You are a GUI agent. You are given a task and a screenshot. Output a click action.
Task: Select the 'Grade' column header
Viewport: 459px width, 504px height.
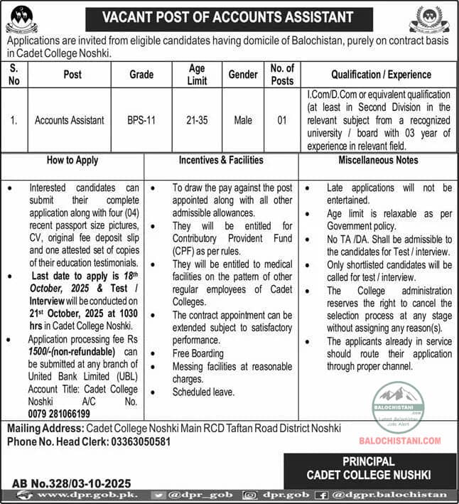[142, 74]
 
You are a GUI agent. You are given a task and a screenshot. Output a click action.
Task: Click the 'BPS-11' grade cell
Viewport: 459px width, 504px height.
[142, 120]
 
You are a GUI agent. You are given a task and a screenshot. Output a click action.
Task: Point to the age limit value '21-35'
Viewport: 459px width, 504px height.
[197, 120]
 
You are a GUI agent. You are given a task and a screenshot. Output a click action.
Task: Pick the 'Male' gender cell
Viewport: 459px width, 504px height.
[243, 120]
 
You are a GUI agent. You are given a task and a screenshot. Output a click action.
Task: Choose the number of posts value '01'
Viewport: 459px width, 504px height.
[282, 120]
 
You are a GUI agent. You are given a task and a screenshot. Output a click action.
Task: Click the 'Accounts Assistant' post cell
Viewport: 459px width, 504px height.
[70, 120]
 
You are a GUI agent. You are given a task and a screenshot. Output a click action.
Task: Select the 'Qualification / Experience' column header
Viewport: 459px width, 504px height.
[380, 74]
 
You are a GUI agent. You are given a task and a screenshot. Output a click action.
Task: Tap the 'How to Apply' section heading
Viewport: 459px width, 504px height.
[72, 161]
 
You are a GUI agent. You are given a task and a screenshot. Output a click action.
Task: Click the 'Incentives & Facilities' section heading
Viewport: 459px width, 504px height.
[222, 161]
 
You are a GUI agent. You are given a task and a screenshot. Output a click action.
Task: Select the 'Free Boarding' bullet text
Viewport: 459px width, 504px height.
[198, 353]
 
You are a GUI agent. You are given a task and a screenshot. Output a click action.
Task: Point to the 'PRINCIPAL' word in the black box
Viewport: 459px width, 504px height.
[373, 461]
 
